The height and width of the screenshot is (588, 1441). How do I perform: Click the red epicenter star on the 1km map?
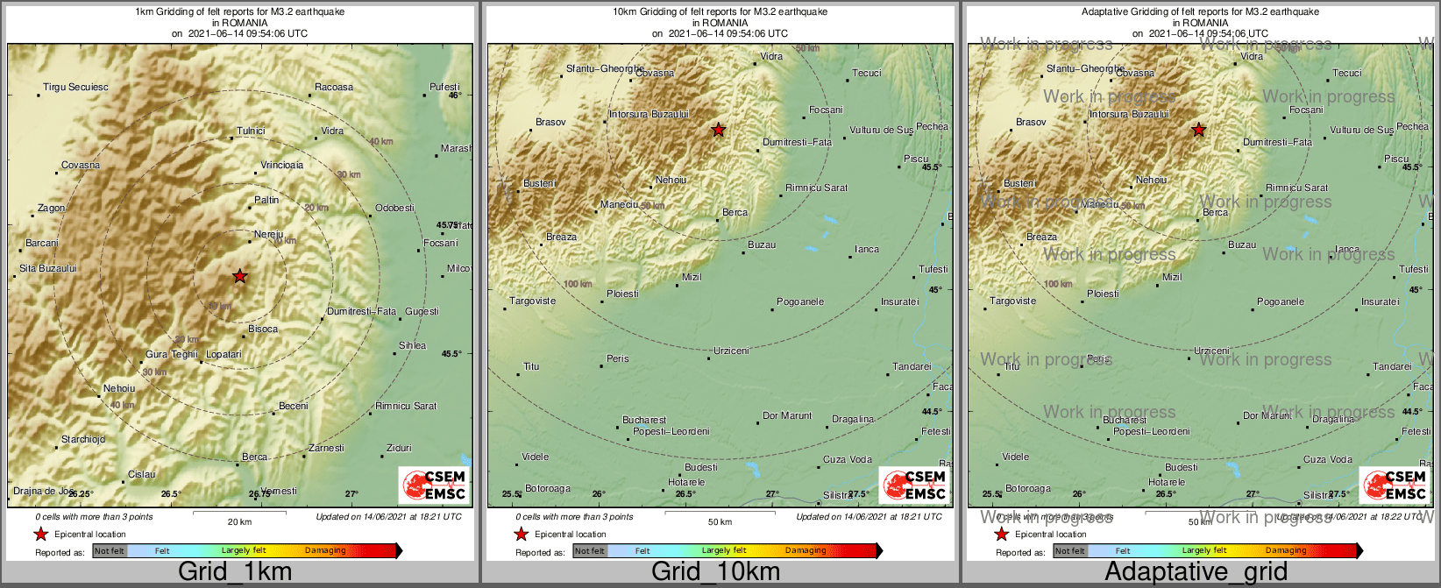(239, 276)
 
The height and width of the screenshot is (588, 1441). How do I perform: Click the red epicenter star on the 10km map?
(718, 130)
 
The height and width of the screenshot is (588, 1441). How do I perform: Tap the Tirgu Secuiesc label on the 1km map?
(76, 87)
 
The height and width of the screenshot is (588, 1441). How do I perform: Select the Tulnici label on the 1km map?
(251, 131)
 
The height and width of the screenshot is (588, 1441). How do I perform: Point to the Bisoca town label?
(263, 329)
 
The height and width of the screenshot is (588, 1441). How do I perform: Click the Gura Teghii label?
(172, 354)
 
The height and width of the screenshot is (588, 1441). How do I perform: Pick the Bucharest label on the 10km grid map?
(644, 420)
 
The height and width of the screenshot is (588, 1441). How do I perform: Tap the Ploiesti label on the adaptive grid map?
(1103, 294)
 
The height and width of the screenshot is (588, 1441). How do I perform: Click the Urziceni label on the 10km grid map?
(731, 351)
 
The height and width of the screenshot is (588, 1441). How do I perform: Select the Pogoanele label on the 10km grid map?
(800, 301)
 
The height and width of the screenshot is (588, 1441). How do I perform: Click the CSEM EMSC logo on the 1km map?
(434, 485)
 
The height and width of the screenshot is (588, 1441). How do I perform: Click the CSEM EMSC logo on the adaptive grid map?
(1395, 485)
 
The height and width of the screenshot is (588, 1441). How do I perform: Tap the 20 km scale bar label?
(239, 521)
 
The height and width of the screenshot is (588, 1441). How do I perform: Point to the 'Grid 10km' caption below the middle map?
(715, 572)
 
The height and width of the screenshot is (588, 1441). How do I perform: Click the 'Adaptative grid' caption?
(1196, 572)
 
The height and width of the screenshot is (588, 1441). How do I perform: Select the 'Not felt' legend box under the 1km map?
(110, 550)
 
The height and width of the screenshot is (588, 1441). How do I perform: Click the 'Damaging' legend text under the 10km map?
(806, 550)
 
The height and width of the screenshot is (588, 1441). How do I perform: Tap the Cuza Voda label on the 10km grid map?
(848, 459)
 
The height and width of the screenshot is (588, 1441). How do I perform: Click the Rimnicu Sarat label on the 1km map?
(406, 406)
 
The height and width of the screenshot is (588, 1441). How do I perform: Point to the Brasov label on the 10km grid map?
(550, 122)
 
